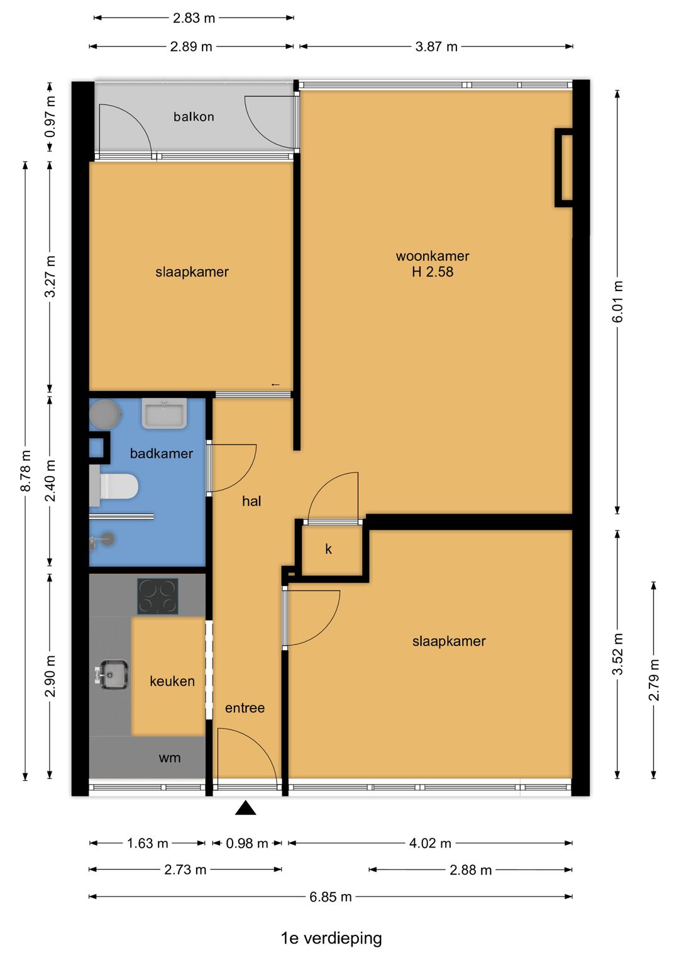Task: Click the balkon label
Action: tap(194, 116)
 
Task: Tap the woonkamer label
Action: tap(432, 257)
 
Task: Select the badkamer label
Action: tap(162, 453)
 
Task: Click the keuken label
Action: tap(172, 681)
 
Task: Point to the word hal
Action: tap(251, 501)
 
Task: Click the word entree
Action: tap(245, 708)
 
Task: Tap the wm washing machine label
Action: tap(170, 758)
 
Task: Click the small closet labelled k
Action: tap(332, 550)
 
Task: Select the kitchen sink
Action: tap(112, 675)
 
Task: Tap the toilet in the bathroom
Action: tap(114, 487)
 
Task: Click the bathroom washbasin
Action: tap(164, 413)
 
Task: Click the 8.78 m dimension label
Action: tap(26, 471)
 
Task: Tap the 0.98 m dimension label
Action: tap(247, 844)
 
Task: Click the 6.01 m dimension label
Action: tap(617, 301)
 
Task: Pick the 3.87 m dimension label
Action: tap(436, 47)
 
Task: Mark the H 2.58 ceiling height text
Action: tap(433, 272)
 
